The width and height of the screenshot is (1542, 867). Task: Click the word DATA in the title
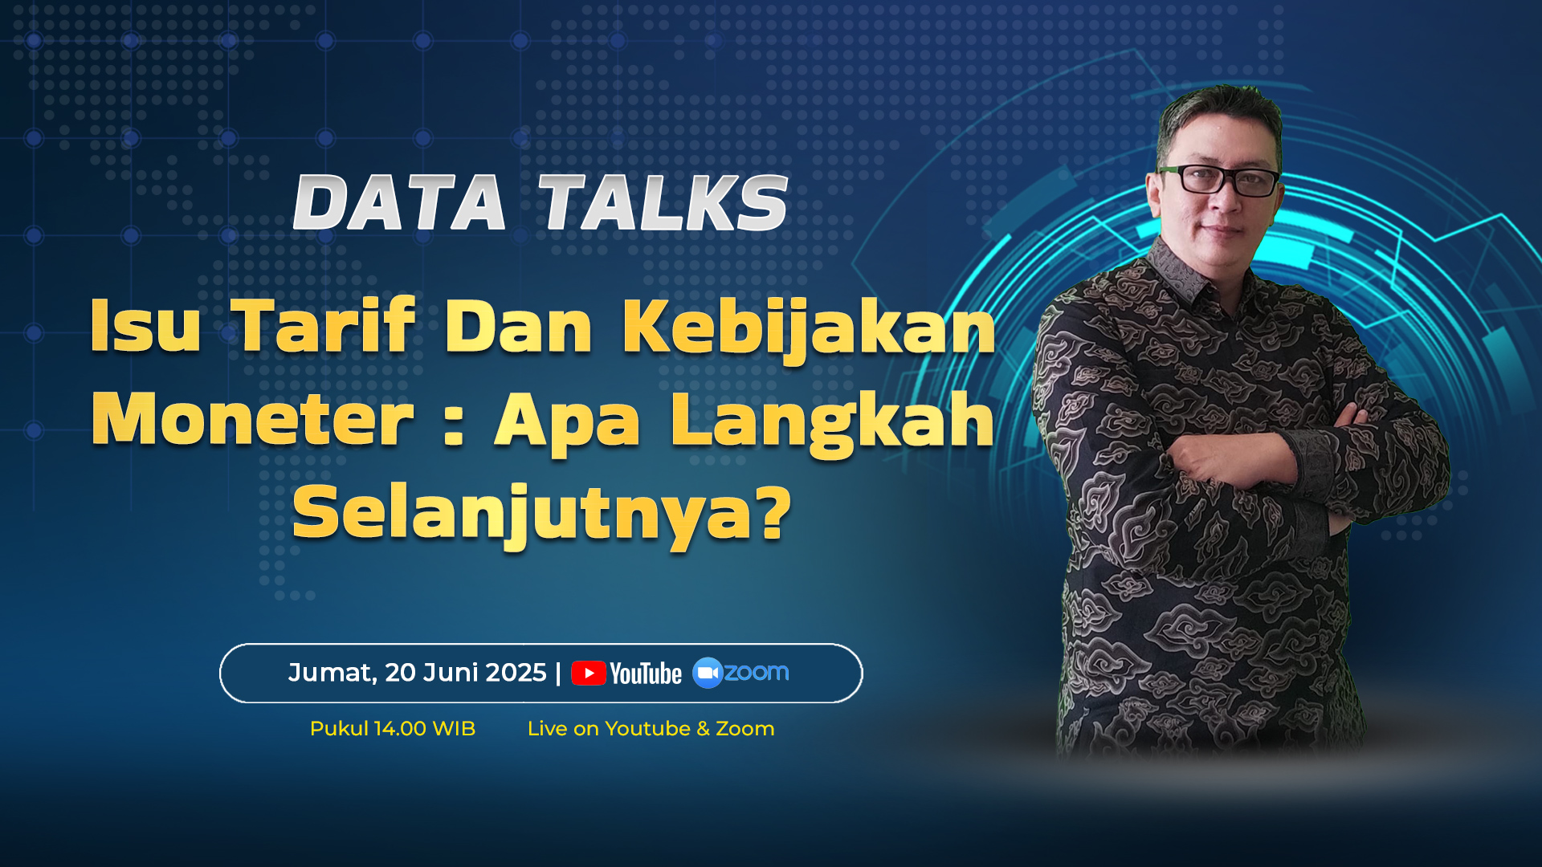point(399,203)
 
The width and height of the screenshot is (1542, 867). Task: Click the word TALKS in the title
point(663,203)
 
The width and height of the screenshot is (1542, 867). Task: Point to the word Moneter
point(252,418)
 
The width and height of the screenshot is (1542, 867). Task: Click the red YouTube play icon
point(589,673)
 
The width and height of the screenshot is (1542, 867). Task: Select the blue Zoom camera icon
point(708,673)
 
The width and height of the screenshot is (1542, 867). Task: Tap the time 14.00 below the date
point(400,729)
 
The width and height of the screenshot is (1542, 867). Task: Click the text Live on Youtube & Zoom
point(651,729)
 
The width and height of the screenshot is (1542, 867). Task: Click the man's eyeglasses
point(1219,180)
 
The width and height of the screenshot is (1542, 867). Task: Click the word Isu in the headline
point(145,325)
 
